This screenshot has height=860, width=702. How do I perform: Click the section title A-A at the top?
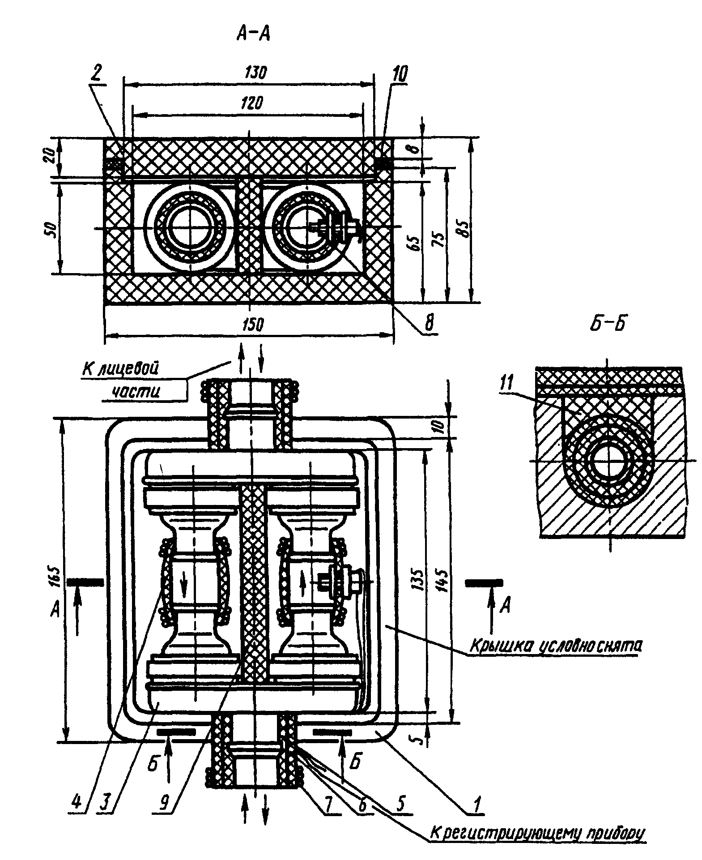(x=253, y=34)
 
